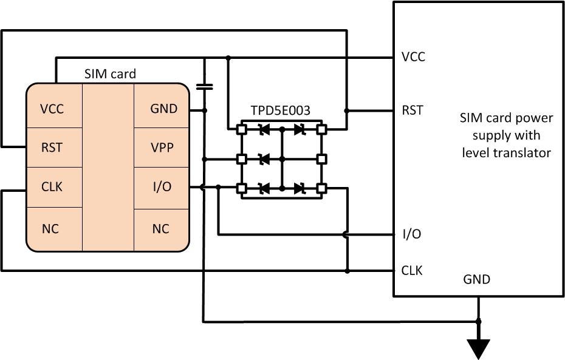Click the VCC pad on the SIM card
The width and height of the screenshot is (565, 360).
coord(52,109)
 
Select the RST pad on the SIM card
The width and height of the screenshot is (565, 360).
coord(52,148)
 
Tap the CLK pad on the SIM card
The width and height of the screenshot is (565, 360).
coord(52,188)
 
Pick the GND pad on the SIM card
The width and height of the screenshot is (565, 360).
coord(163,109)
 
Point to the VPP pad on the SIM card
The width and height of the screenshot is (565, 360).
coord(163,148)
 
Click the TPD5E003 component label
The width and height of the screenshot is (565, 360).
coord(281,110)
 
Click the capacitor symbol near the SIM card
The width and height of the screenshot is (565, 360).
coord(205,86)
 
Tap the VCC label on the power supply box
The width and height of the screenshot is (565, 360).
coord(413,57)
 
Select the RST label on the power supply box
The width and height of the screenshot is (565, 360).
coord(413,110)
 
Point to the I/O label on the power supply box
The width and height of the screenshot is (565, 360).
coord(412,234)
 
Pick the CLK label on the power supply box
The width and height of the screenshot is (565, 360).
coord(413,270)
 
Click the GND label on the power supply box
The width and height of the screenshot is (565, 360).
coord(477,280)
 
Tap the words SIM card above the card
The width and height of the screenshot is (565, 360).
coord(110,74)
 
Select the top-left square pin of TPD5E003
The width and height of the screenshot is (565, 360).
coord(241,129)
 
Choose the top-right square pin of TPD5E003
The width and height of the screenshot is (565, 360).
coord(321,129)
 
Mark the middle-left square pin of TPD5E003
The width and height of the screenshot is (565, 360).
coord(241,159)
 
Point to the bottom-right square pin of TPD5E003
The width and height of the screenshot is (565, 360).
coord(321,188)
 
